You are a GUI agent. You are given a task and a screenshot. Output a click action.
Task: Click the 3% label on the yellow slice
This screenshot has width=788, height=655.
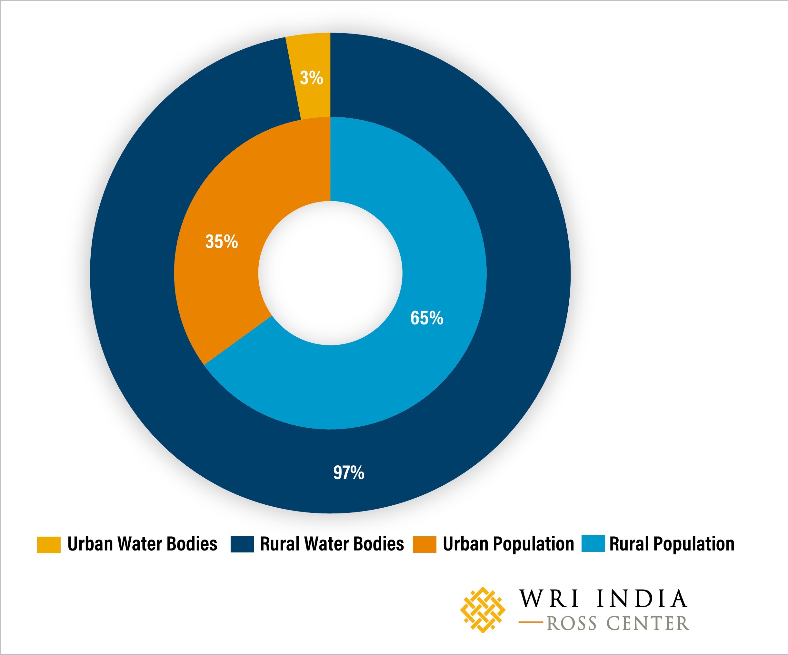311,78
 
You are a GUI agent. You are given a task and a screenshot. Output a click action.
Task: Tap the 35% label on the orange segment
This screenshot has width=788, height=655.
221,242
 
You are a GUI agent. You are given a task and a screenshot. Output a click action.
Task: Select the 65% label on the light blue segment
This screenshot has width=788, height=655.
427,318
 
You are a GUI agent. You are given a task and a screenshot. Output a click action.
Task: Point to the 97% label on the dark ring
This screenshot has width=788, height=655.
349,472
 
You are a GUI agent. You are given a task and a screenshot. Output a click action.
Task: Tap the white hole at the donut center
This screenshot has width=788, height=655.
330,273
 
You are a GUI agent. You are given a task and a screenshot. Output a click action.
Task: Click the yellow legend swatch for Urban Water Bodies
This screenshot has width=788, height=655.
48,544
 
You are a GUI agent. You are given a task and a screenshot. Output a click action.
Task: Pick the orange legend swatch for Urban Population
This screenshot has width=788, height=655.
424,544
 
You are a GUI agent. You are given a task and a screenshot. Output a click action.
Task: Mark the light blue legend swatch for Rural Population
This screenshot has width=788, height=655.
593,544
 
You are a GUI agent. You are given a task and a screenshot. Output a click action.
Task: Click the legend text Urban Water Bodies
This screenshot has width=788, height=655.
142,544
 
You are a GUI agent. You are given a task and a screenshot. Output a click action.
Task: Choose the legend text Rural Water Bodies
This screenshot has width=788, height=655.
332,544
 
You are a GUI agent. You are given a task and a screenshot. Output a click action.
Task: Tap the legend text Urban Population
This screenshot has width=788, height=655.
508,544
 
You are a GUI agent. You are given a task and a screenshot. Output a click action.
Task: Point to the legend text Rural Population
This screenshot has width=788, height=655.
672,544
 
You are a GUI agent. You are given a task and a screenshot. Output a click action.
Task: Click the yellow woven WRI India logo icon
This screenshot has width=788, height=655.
483,610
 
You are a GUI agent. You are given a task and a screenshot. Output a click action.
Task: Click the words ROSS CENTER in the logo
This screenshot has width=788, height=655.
618,623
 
